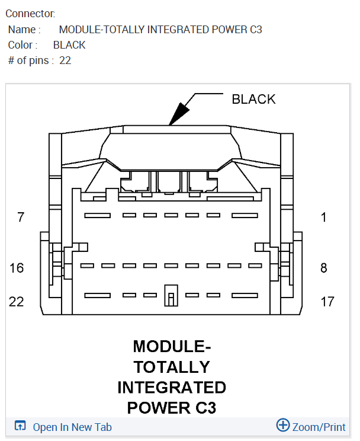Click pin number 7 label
[x=21, y=218]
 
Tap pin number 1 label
[x=324, y=218]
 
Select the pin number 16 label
[x=17, y=268]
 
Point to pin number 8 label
[x=324, y=268]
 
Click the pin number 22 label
[x=17, y=302]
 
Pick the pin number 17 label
[x=327, y=302]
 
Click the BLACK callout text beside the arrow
[x=253, y=99]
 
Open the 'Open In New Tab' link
[x=72, y=427]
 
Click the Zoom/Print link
[x=319, y=427]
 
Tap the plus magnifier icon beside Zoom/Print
[x=283, y=425]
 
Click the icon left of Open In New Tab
[x=20, y=426]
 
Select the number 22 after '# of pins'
[x=65, y=60]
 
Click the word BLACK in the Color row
[x=69, y=45]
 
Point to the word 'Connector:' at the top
[x=30, y=13]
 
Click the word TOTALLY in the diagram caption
[x=172, y=366]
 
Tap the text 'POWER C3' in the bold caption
[x=172, y=408]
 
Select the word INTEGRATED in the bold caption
[x=172, y=387]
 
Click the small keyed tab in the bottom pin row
[x=171, y=295]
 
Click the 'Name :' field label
[x=24, y=30]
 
